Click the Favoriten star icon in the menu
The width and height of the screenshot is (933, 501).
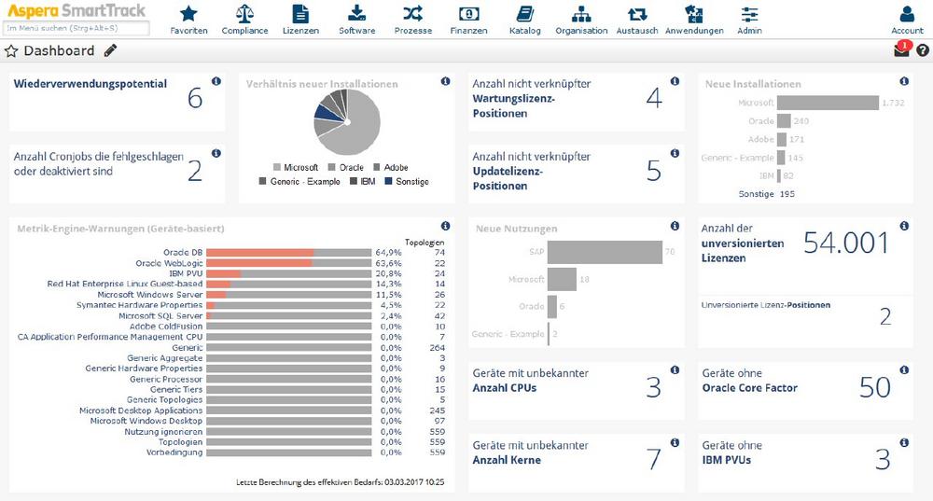189,14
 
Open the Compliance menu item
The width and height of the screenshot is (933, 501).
244,14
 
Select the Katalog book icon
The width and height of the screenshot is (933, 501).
525,14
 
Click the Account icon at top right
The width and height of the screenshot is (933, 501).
907,14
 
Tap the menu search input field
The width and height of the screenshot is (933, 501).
77,29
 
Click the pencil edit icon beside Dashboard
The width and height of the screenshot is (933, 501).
111,50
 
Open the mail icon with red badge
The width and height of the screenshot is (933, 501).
901,50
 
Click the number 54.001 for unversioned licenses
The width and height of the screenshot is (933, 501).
846,244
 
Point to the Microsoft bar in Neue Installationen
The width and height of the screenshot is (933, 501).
829,103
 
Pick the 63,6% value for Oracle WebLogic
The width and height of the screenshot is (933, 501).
388,263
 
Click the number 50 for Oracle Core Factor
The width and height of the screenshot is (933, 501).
874,387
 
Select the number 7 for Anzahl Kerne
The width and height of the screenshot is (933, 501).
653,459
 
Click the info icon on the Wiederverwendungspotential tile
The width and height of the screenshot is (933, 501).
216,82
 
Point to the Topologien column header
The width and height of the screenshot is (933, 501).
425,242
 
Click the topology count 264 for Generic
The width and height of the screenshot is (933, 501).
438,347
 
